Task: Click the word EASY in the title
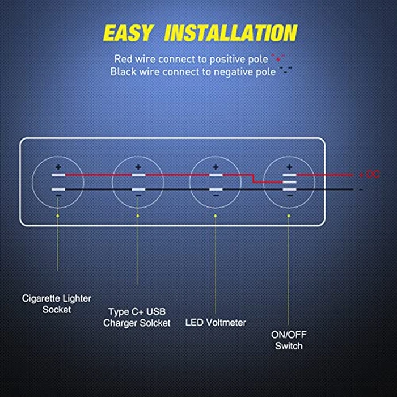coord(128,33)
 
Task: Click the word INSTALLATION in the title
coord(230,33)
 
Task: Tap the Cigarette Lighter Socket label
coord(56,303)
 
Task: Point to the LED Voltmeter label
coord(216,323)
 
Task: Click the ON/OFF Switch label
coord(289,341)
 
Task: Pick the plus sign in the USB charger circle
coord(138,167)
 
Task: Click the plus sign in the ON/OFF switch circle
coord(289,167)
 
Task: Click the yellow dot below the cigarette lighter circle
coord(57,216)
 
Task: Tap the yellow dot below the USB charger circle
coord(138,216)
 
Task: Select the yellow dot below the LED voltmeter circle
coord(216,216)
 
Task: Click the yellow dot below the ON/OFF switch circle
coord(289,216)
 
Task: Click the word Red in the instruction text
coord(124,58)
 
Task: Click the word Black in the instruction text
coord(123,72)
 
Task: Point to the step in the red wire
coord(254,179)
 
